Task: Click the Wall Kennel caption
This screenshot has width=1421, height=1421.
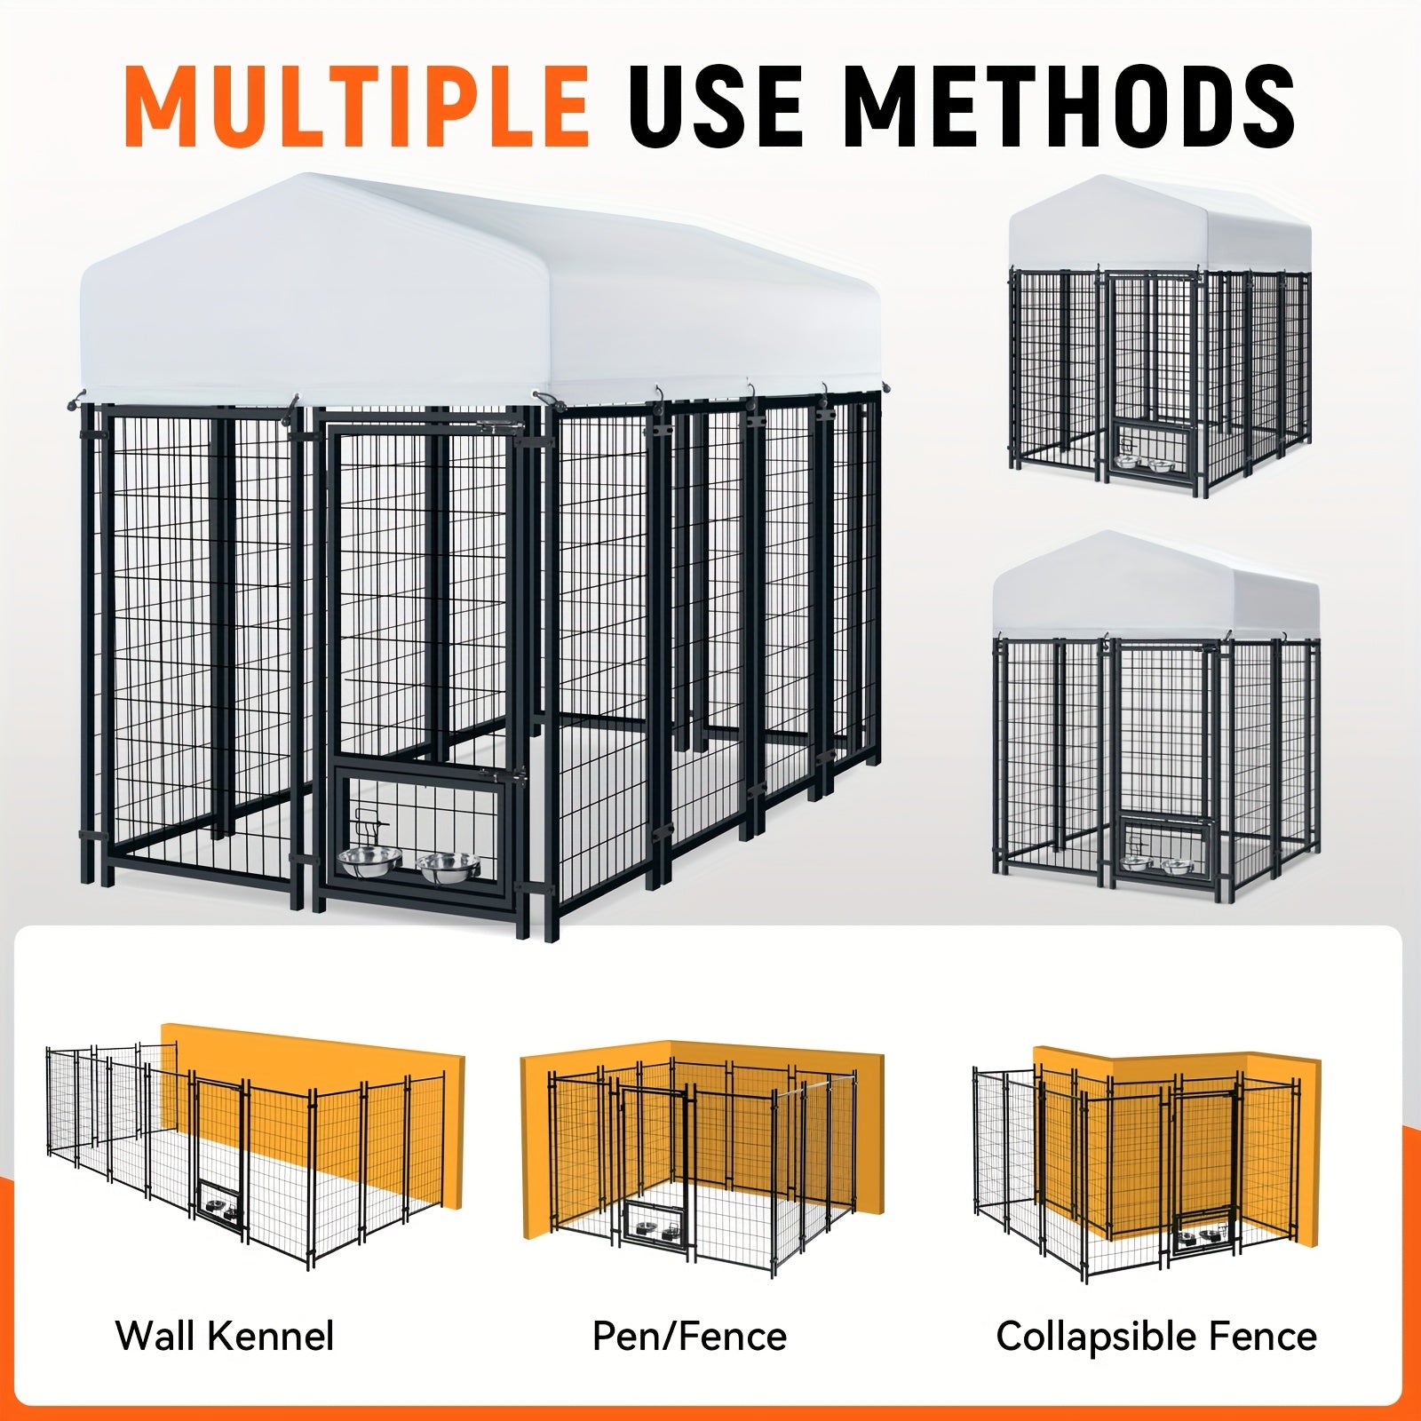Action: [225, 1336]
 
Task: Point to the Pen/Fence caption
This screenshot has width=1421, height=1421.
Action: [689, 1337]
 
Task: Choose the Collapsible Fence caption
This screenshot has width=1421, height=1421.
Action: [1156, 1336]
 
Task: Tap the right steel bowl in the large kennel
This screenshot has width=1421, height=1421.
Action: [449, 866]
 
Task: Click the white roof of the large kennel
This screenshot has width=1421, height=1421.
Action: [480, 293]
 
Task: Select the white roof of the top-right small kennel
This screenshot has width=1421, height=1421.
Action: [1160, 226]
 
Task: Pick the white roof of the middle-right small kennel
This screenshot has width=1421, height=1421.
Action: [1156, 586]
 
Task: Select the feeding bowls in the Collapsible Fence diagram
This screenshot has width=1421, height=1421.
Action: [1199, 1235]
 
